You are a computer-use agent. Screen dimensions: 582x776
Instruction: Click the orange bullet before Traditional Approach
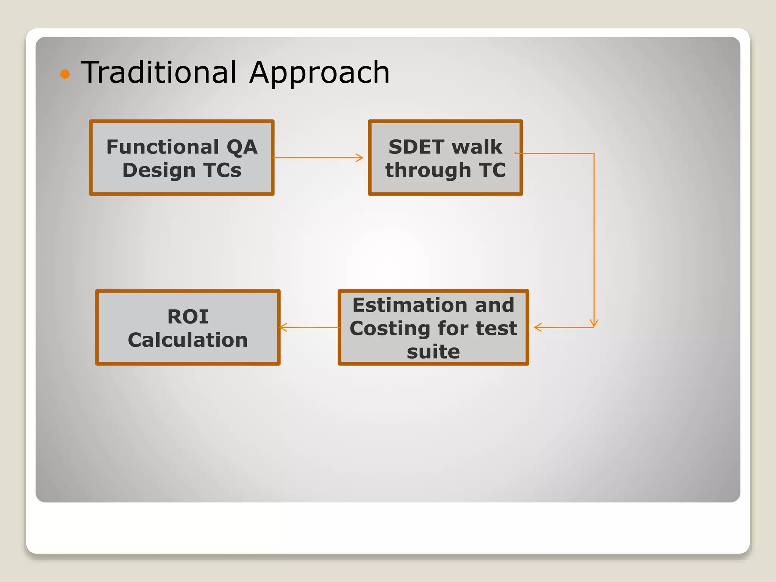[65, 74]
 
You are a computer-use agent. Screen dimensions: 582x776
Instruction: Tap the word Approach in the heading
[319, 73]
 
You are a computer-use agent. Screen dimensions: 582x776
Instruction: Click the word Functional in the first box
[163, 147]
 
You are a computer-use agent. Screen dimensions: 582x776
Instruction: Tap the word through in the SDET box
[428, 170]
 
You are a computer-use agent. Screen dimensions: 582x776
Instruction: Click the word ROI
[188, 316]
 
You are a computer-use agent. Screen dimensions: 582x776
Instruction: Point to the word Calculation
[188, 340]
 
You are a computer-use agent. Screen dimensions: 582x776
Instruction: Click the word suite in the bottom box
[433, 352]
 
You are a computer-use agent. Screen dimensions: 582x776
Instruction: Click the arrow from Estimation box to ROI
[309, 327]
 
